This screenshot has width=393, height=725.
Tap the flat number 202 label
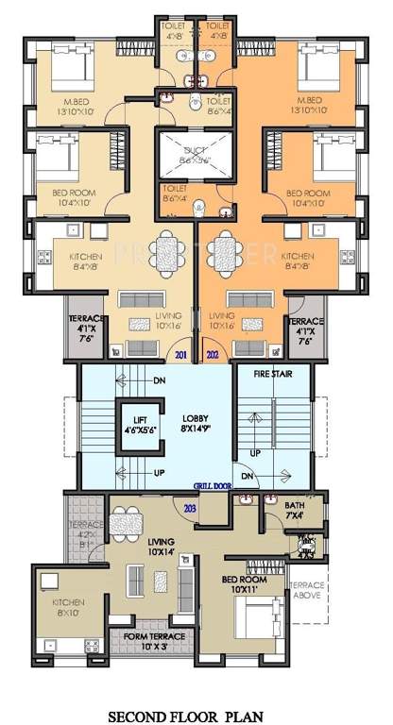[211, 355]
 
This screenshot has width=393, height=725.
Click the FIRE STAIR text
[274, 375]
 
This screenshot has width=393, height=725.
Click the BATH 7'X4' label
[295, 510]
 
